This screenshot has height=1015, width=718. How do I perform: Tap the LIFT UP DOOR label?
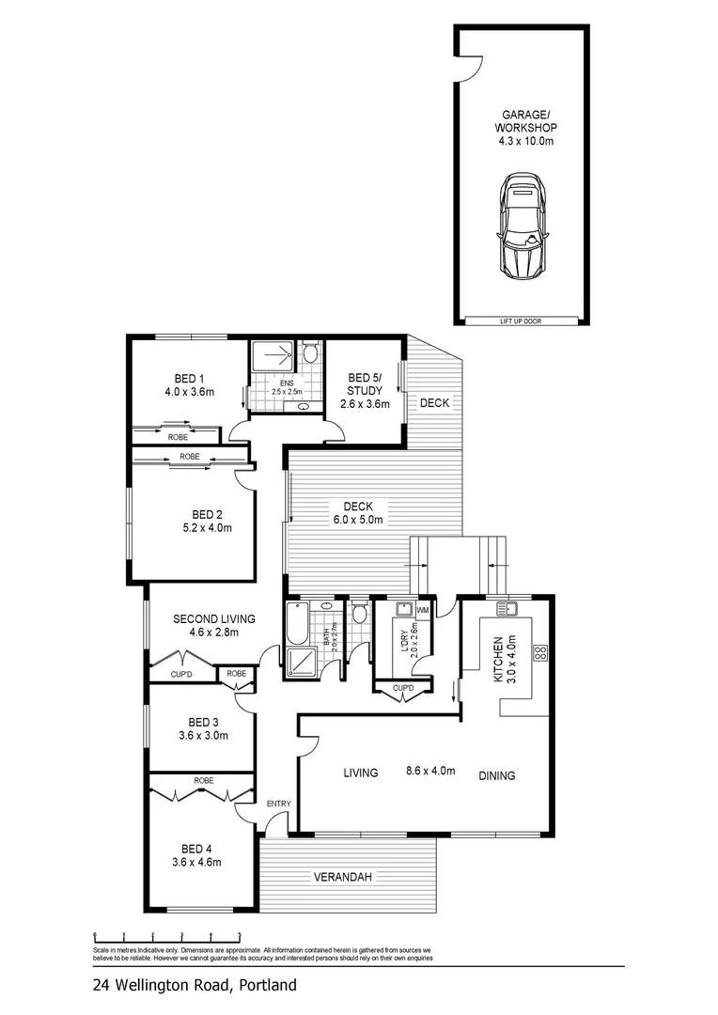click(x=522, y=321)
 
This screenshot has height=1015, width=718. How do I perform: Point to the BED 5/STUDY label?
click(x=363, y=385)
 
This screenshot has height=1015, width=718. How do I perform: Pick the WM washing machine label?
click(x=422, y=611)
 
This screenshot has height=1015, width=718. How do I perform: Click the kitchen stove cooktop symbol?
click(x=540, y=653)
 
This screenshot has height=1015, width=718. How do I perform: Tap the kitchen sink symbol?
click(x=509, y=607)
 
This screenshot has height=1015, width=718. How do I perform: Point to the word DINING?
click(x=496, y=775)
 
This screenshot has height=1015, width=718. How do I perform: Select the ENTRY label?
click(x=278, y=804)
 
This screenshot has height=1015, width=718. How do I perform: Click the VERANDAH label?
click(x=342, y=877)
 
